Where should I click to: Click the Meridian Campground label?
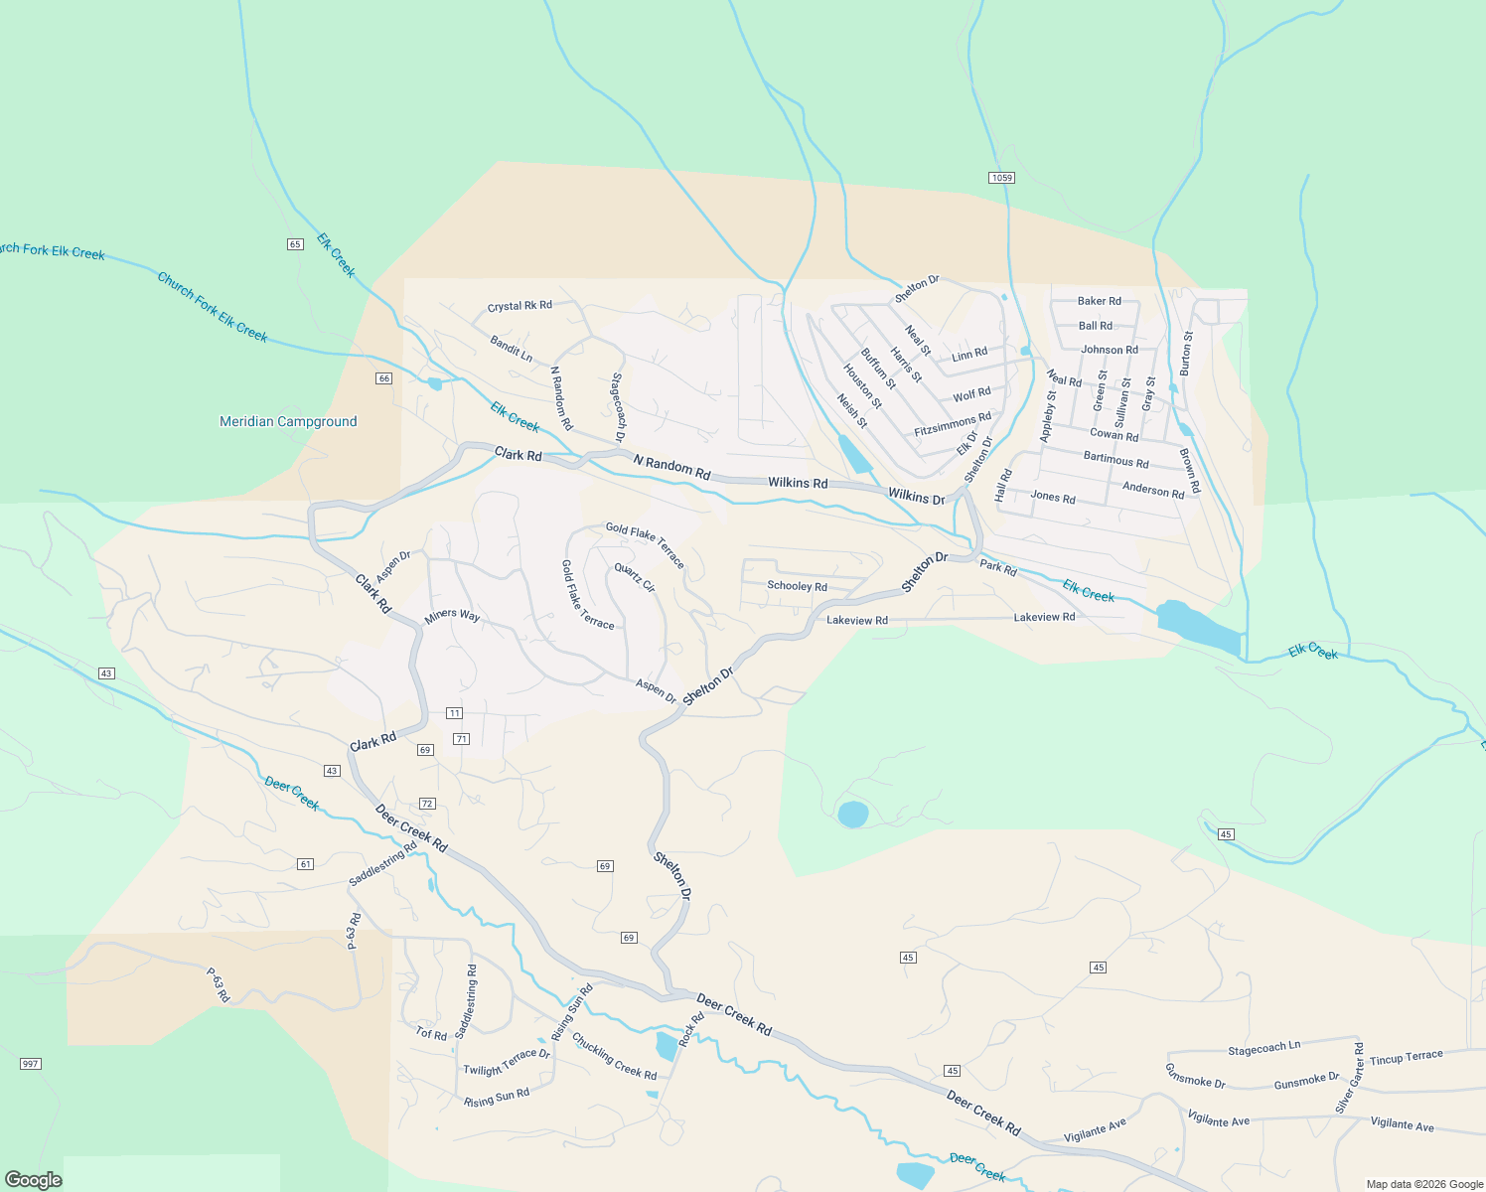tap(288, 421)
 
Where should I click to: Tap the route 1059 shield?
tap(1001, 178)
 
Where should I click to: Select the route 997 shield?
tap(30, 1064)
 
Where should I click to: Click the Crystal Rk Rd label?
tap(520, 306)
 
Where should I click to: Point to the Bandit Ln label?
tap(512, 349)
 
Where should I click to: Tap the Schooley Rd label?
tap(797, 586)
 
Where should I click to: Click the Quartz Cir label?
tap(635, 578)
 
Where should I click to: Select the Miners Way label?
tap(452, 616)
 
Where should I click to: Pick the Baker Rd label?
tap(1100, 301)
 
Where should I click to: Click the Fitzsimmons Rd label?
tap(953, 425)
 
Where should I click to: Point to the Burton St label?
tap(1187, 353)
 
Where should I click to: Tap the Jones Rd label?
tap(1053, 497)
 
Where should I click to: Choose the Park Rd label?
tap(998, 568)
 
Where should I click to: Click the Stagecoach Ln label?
tap(1263, 1048)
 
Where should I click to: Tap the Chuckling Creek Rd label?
tap(614, 1057)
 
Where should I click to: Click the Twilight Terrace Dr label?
tap(507, 1062)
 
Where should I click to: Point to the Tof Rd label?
tap(431, 1033)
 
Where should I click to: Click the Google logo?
tap(33, 1180)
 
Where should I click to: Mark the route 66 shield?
tap(384, 378)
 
